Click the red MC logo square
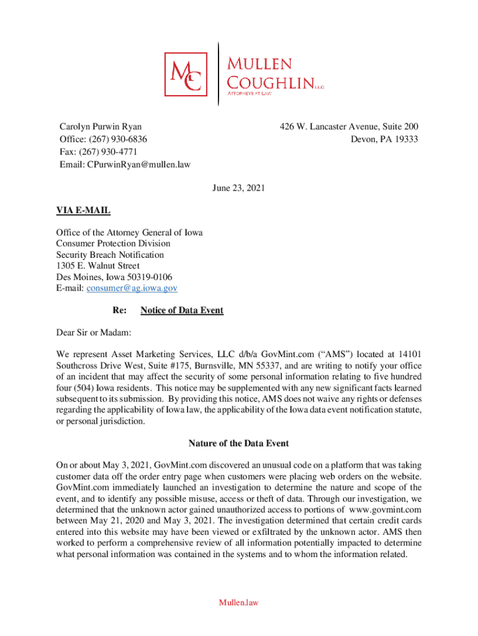tap(186, 74)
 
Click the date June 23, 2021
tap(238, 187)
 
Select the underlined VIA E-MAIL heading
tap(83, 211)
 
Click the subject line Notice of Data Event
tap(181, 310)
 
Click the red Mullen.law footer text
tap(238, 602)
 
